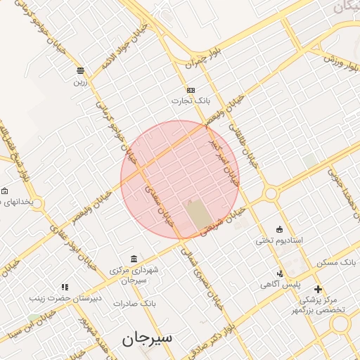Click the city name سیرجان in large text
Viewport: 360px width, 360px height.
[147, 339]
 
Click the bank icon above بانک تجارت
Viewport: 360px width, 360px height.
[191, 90]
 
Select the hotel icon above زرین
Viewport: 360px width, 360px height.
[80, 70]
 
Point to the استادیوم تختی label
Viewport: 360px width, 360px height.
[278, 240]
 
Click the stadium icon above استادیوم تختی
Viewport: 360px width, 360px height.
[280, 229]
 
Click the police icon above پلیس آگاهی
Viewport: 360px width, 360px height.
[281, 274]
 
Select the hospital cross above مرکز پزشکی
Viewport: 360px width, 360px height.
[318, 288]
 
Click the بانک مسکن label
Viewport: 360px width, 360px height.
[337, 262]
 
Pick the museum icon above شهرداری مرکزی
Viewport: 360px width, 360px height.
[134, 258]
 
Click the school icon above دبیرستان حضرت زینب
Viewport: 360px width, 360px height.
[65, 286]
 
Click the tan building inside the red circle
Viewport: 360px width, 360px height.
[198, 214]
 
